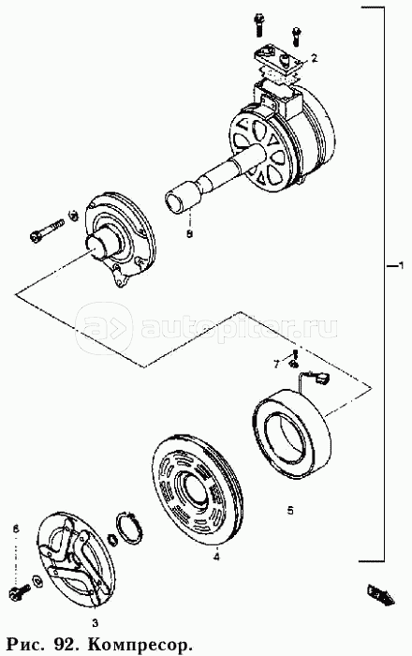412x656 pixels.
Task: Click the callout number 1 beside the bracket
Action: tap(401, 265)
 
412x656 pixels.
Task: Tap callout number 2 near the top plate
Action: tap(315, 58)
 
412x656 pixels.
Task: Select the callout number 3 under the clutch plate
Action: tap(96, 624)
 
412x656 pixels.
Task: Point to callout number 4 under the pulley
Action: tap(216, 557)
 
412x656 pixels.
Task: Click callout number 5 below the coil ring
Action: tap(290, 511)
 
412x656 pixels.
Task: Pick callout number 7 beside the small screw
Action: tap(276, 365)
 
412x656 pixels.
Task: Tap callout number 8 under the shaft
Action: tap(190, 234)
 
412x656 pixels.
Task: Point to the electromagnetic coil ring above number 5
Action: tap(292, 424)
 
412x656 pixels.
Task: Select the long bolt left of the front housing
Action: tap(47, 231)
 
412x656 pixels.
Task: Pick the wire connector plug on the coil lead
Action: tap(322, 379)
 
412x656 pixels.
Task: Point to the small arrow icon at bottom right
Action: tap(381, 594)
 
